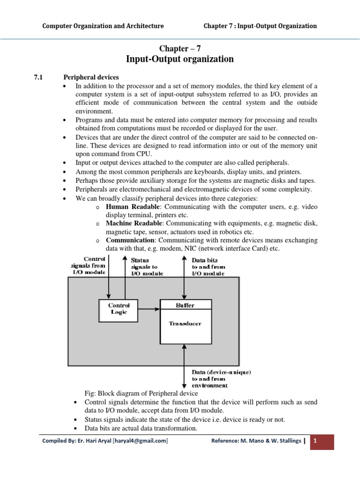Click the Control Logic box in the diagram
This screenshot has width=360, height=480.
click(x=119, y=309)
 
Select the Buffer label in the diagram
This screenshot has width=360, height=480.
click(x=185, y=305)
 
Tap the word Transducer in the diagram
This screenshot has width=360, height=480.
click(x=185, y=323)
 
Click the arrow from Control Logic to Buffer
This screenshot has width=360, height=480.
click(x=149, y=309)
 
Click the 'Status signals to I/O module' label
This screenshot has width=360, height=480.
click(x=147, y=266)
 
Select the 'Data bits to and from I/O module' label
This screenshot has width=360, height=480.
click(x=208, y=266)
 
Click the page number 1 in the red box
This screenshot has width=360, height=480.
click(x=316, y=441)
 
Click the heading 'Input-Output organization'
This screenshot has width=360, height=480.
click(x=180, y=59)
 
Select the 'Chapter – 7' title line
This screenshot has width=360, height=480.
click(x=180, y=48)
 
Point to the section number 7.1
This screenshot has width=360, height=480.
click(x=38, y=77)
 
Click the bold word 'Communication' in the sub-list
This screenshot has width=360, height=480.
click(x=128, y=240)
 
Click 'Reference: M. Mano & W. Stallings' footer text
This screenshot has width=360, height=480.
click(x=255, y=441)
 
